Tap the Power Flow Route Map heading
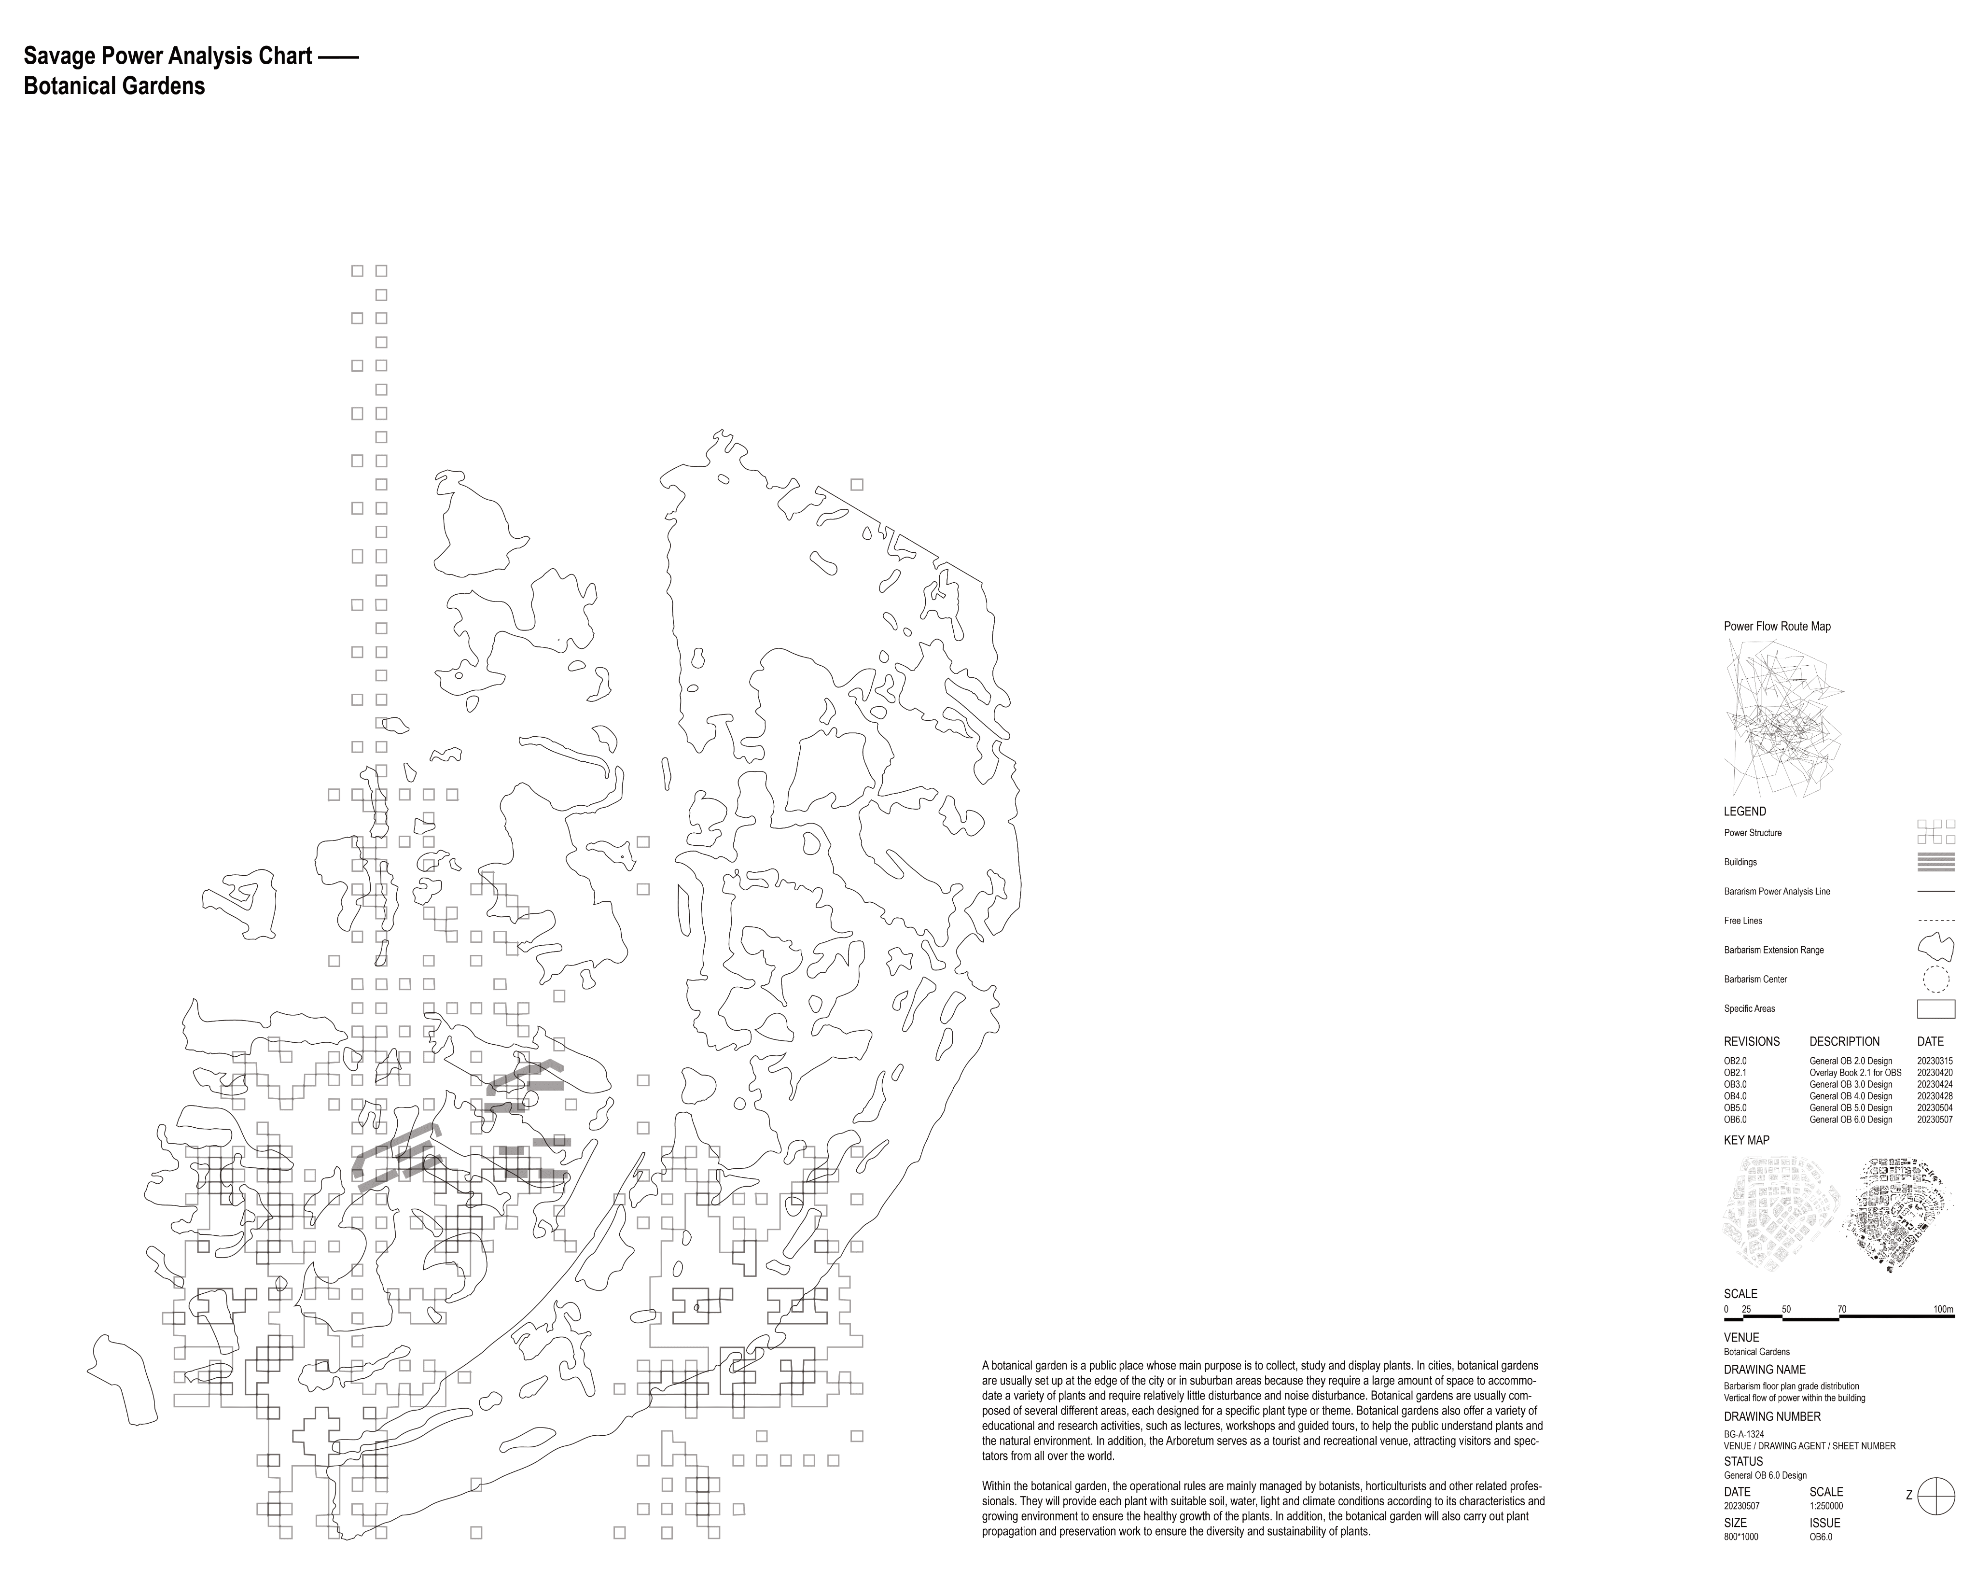[x=1777, y=627]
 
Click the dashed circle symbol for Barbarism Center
[x=1936, y=980]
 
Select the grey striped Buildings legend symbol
[x=1936, y=862]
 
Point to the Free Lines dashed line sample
[x=1936, y=920]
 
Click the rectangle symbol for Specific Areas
[x=1936, y=1009]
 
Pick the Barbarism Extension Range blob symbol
[x=1936, y=947]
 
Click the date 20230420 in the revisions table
[x=1935, y=1072]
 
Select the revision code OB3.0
[x=1735, y=1084]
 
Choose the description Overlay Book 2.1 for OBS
[x=1855, y=1072]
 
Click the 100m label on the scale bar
[x=1943, y=1310]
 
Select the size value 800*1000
[x=1741, y=1536]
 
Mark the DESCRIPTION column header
[x=1844, y=1042]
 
